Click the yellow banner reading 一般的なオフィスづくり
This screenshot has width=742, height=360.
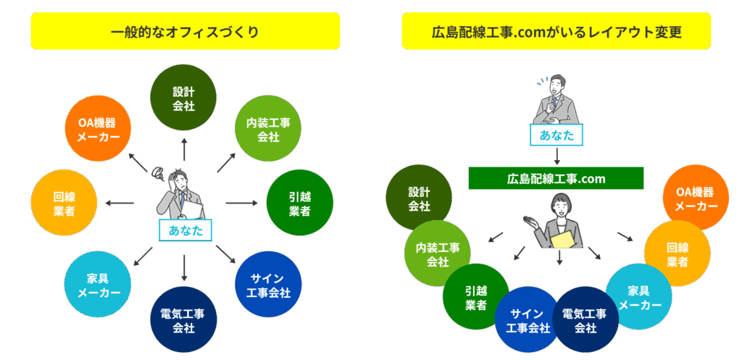click(185, 31)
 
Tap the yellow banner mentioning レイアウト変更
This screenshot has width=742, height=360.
click(556, 31)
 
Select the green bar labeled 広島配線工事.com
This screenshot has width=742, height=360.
click(556, 178)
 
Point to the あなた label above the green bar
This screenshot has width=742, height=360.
click(556, 134)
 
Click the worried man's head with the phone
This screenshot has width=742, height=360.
click(178, 177)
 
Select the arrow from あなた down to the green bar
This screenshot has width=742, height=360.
click(556, 156)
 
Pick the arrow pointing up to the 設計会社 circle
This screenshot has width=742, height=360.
click(184, 147)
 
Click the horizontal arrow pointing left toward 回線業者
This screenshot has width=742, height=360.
click(119, 203)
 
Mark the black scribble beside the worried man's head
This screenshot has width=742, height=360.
click(156, 172)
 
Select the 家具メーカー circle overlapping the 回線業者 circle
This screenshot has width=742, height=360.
click(638, 296)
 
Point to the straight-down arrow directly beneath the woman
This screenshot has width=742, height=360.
click(559, 258)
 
